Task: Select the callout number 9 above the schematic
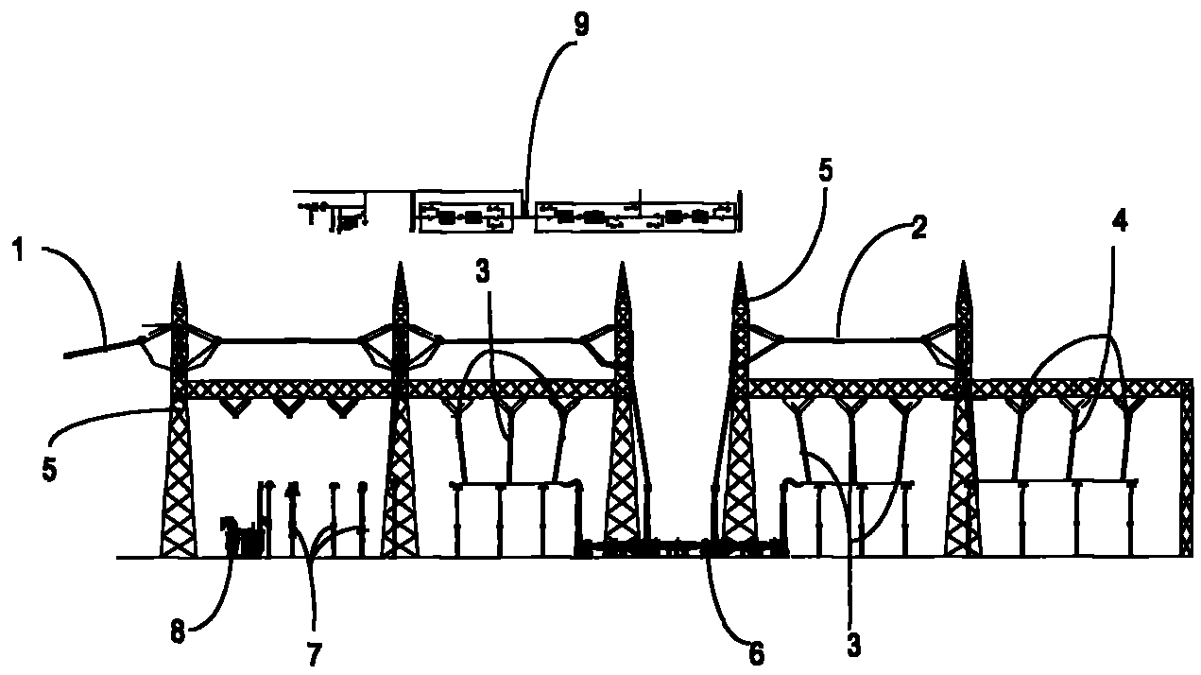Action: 581,26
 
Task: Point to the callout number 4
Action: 1120,221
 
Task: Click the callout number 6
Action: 756,651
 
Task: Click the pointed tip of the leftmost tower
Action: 179,266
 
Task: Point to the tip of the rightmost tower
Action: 964,266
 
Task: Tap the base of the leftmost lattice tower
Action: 179,553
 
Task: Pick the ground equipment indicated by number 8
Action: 241,541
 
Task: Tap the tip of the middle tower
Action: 622,267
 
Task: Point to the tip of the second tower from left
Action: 401,267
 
